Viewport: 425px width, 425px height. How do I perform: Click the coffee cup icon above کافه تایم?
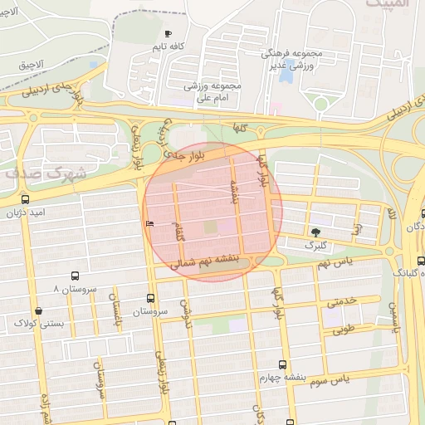169,34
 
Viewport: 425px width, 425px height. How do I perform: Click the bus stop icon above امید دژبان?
25,200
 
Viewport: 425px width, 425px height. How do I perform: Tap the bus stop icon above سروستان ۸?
75,276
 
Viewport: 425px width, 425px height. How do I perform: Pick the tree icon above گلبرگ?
315,232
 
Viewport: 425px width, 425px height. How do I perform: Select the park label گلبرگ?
315,246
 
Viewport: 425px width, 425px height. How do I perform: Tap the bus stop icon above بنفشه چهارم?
282,364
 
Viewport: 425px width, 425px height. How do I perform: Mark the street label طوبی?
343,330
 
